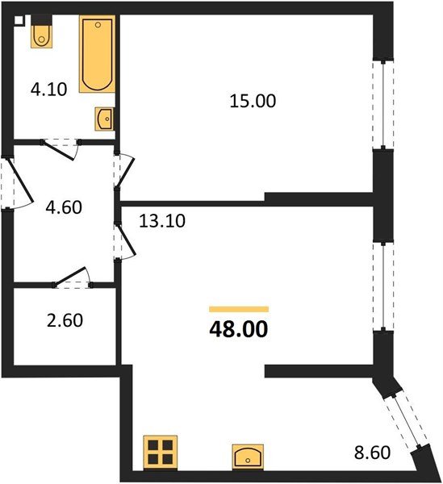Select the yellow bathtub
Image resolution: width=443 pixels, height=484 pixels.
point(95,55)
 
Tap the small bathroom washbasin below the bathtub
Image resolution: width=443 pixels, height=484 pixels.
point(104,118)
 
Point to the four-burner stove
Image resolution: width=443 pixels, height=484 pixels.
point(159,452)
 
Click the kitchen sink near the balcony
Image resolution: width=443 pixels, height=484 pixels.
point(247,456)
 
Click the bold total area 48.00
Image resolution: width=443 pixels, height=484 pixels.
point(237,329)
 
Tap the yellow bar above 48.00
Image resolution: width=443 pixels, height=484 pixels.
point(238,309)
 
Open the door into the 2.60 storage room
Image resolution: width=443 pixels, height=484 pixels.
point(71,277)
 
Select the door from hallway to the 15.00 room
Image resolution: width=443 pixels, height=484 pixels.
point(123,172)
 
